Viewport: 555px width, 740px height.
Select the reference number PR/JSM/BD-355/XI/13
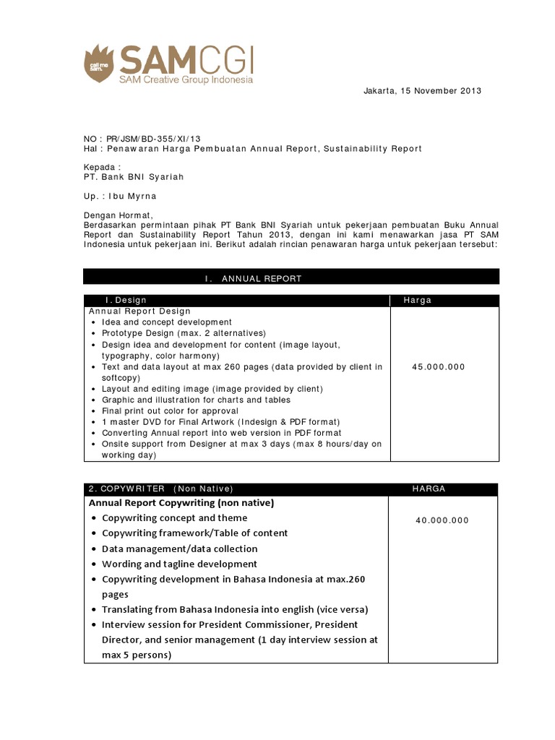pyautogui.click(x=154, y=138)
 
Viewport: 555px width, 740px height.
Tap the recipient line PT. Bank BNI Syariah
pyautogui.click(x=134, y=176)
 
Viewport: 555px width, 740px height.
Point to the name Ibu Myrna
pyautogui.click(x=132, y=196)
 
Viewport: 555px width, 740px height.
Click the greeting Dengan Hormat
pyautogui.click(x=119, y=215)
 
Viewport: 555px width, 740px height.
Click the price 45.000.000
pyautogui.click(x=438, y=367)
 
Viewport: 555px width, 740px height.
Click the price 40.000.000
pyautogui.click(x=442, y=520)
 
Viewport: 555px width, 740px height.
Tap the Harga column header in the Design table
pyautogui.click(x=417, y=301)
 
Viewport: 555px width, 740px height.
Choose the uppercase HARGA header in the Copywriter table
pyautogui.click(x=429, y=489)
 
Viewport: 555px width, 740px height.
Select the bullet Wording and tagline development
pyautogui.click(x=179, y=564)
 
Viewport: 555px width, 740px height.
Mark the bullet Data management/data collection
pyautogui.click(x=179, y=548)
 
